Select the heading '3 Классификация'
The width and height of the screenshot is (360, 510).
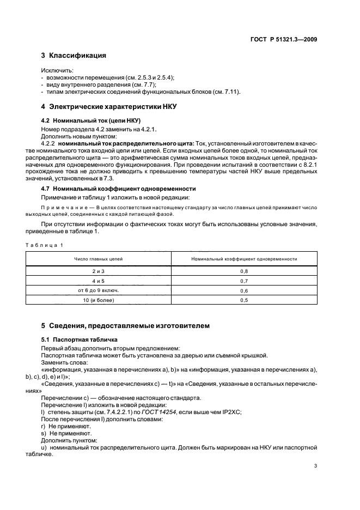[x=74, y=56]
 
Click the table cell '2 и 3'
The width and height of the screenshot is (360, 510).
[x=100, y=271]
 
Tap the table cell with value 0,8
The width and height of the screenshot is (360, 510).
[x=244, y=271]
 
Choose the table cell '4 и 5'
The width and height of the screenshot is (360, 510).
[x=100, y=281]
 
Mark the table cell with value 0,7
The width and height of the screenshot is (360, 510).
[x=244, y=281]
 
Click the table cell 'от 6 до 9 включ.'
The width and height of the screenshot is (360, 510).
[x=100, y=290]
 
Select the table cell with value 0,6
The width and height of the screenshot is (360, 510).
[x=244, y=290]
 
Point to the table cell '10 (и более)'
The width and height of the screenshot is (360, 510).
[x=100, y=300]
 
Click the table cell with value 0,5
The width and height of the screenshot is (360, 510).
[x=244, y=300]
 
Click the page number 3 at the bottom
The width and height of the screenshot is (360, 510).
[x=315, y=466]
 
